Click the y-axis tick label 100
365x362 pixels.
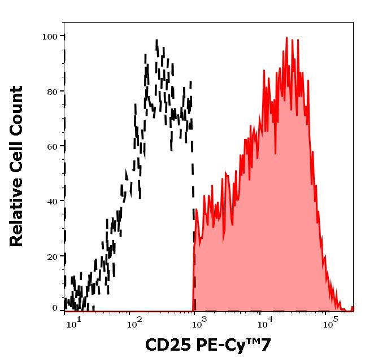[50, 37]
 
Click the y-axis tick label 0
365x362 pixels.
[55, 308]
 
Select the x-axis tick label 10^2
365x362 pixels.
[134, 324]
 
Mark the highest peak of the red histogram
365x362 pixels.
[286, 38]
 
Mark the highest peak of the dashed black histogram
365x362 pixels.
[157, 40]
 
